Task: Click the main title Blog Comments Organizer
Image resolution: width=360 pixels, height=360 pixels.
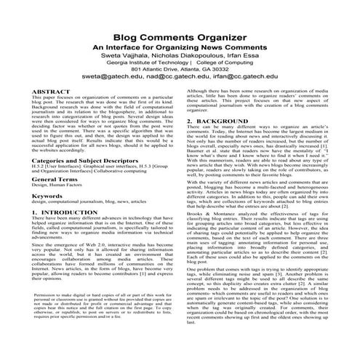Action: (180, 37)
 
